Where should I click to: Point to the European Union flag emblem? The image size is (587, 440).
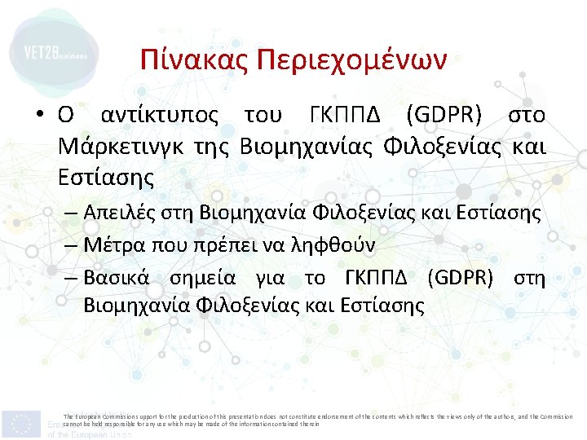pos(21,424)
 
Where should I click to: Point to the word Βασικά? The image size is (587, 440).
pos(116,278)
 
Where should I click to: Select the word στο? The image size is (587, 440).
pos(527,117)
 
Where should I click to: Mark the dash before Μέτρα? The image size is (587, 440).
pos(69,244)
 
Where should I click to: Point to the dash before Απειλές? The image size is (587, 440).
pos(69,213)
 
